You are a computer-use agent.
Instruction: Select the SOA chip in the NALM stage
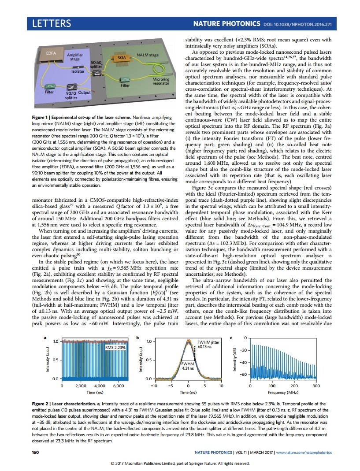pos(121,58)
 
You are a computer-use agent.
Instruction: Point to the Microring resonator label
pos(160,81)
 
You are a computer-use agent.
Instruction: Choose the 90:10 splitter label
pos(71,96)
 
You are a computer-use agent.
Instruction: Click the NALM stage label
pos(148,55)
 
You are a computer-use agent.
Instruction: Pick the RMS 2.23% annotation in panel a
pos(115,348)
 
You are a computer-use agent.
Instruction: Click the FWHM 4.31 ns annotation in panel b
pos(188,366)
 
